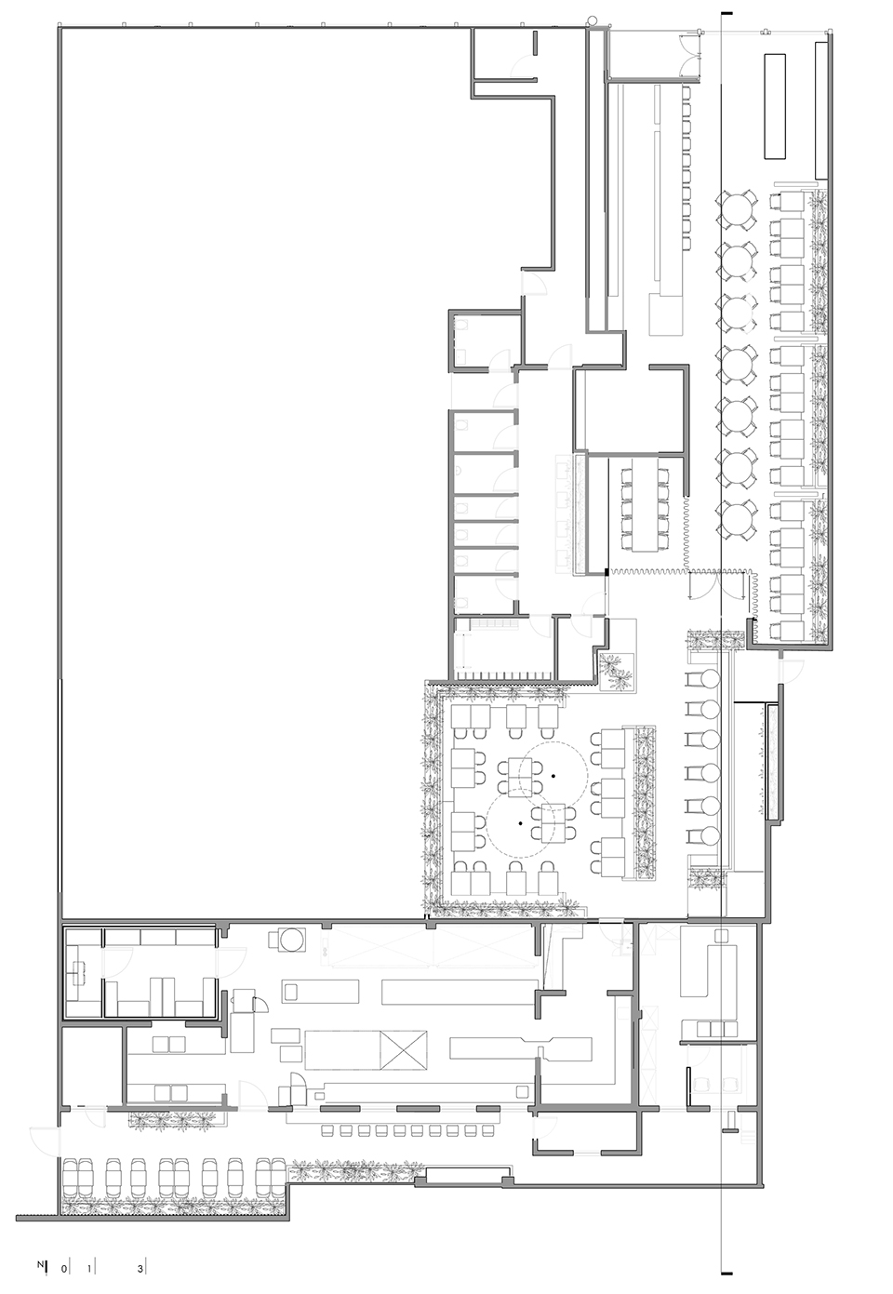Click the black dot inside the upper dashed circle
[x=553, y=775]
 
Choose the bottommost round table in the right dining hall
[x=737, y=518]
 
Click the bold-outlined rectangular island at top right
[x=775, y=106]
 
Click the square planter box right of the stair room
[x=617, y=671]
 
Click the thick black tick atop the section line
[x=727, y=13]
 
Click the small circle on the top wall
[x=591, y=20]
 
